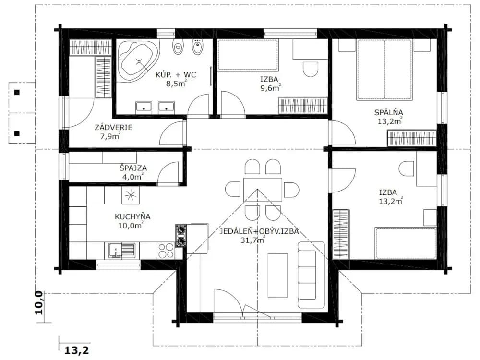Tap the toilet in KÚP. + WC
178,47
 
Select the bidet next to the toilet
197,47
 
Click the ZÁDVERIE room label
113,127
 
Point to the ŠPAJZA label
133,168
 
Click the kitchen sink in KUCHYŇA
121,251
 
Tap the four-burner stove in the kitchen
166,251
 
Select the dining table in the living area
263,190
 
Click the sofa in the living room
311,275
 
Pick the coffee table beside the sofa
277,275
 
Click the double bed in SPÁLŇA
384,70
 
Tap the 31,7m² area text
252,240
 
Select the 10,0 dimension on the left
38,302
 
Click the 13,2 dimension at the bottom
76,350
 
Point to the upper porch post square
17,92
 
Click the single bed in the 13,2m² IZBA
406,243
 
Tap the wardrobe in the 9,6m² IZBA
302,106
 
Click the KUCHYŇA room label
132,217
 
